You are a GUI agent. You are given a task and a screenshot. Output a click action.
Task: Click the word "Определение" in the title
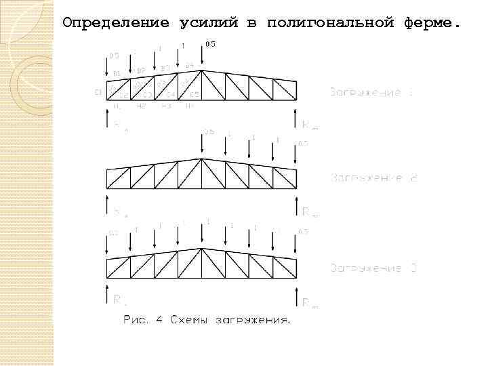(115, 23)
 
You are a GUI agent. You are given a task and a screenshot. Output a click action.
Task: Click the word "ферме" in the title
(434, 23)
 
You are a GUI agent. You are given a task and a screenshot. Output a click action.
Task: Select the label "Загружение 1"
(371, 91)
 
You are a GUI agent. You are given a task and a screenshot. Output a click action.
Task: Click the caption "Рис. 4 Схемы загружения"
(206, 321)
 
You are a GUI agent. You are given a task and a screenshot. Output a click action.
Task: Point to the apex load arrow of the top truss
(202, 56)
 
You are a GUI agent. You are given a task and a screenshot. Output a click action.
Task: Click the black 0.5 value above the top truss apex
(211, 45)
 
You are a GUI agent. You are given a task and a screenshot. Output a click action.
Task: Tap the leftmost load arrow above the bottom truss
(108, 247)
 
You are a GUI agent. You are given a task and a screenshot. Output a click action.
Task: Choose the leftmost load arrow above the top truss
(108, 68)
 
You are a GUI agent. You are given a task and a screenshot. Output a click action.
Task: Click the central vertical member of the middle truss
(202, 174)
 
